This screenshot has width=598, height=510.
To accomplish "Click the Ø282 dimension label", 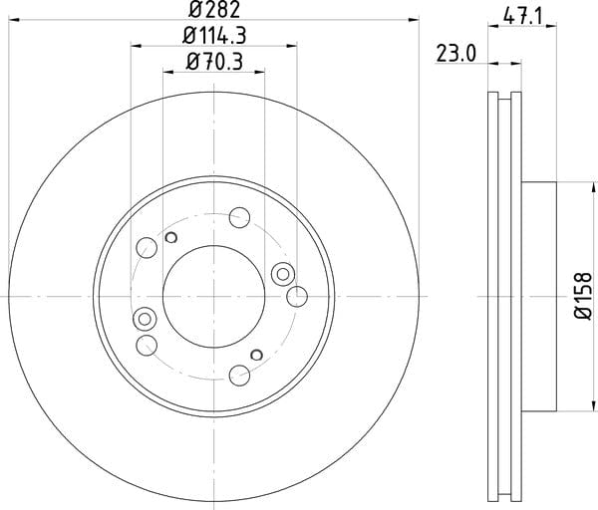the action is pyautogui.click(x=214, y=9).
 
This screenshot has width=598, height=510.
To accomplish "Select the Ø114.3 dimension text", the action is pyautogui.click(x=214, y=36).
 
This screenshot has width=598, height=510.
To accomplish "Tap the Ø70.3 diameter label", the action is pyautogui.click(x=214, y=62).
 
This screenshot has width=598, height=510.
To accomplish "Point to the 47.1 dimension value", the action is pyautogui.click(x=522, y=16).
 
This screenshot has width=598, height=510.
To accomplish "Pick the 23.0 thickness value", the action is pyautogui.click(x=456, y=54).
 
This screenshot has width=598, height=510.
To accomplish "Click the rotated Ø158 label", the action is pyautogui.click(x=583, y=296).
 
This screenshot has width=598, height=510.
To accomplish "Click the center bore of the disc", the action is pyautogui.click(x=213, y=297).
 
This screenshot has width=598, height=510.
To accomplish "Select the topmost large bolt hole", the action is pyautogui.click(x=239, y=217).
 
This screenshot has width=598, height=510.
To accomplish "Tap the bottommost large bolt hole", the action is pyautogui.click(x=239, y=376).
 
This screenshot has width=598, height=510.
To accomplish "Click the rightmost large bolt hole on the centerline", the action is pyautogui.click(x=297, y=297).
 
